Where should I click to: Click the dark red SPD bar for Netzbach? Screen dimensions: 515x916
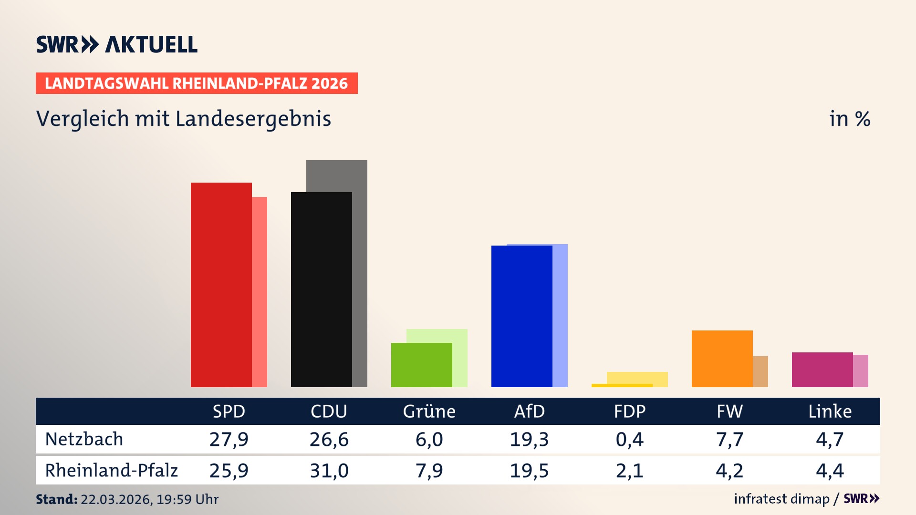(221, 285)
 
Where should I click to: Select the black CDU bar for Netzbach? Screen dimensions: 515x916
(321, 289)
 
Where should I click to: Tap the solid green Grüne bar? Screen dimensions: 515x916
(421, 365)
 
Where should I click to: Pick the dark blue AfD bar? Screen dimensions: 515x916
(521, 316)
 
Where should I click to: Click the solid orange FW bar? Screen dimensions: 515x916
(722, 359)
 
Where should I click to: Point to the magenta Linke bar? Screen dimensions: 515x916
(822, 370)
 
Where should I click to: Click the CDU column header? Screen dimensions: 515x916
(329, 412)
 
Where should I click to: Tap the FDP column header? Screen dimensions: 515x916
(629, 412)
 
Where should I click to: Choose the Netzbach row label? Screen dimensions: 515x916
(84, 439)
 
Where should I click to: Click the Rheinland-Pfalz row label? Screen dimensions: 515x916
(111, 471)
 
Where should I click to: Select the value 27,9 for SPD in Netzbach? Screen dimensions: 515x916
(229, 439)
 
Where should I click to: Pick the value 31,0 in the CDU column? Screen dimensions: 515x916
(329, 471)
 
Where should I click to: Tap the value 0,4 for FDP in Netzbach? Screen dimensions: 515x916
(629, 439)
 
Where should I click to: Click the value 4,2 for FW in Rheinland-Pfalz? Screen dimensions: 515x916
(729, 471)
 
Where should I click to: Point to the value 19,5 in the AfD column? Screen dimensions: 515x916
(529, 471)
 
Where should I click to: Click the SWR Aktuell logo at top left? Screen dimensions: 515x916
(117, 44)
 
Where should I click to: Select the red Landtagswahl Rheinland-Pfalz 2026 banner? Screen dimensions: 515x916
(197, 83)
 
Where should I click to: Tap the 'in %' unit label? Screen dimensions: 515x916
(849, 119)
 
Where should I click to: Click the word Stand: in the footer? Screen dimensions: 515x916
(56, 499)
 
